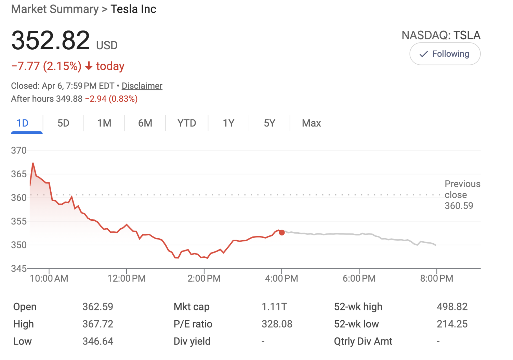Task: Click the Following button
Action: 445,54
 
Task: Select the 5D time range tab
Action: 63,123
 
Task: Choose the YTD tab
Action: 187,123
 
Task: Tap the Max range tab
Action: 311,123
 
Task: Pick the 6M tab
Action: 145,123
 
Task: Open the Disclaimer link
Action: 142,86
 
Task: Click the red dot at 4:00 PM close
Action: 282,233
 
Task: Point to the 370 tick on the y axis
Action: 19,151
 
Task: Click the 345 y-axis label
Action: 19,269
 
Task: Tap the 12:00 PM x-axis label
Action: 127,279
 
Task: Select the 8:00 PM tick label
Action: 437,279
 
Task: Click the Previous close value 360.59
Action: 459,206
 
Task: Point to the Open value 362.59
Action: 98,307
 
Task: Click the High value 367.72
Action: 98,324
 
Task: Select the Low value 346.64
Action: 98,341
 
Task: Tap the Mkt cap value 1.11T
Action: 274,307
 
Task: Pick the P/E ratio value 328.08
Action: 277,324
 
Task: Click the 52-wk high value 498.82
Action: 452,307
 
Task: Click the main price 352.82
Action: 51,40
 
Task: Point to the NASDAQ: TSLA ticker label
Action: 441,35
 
